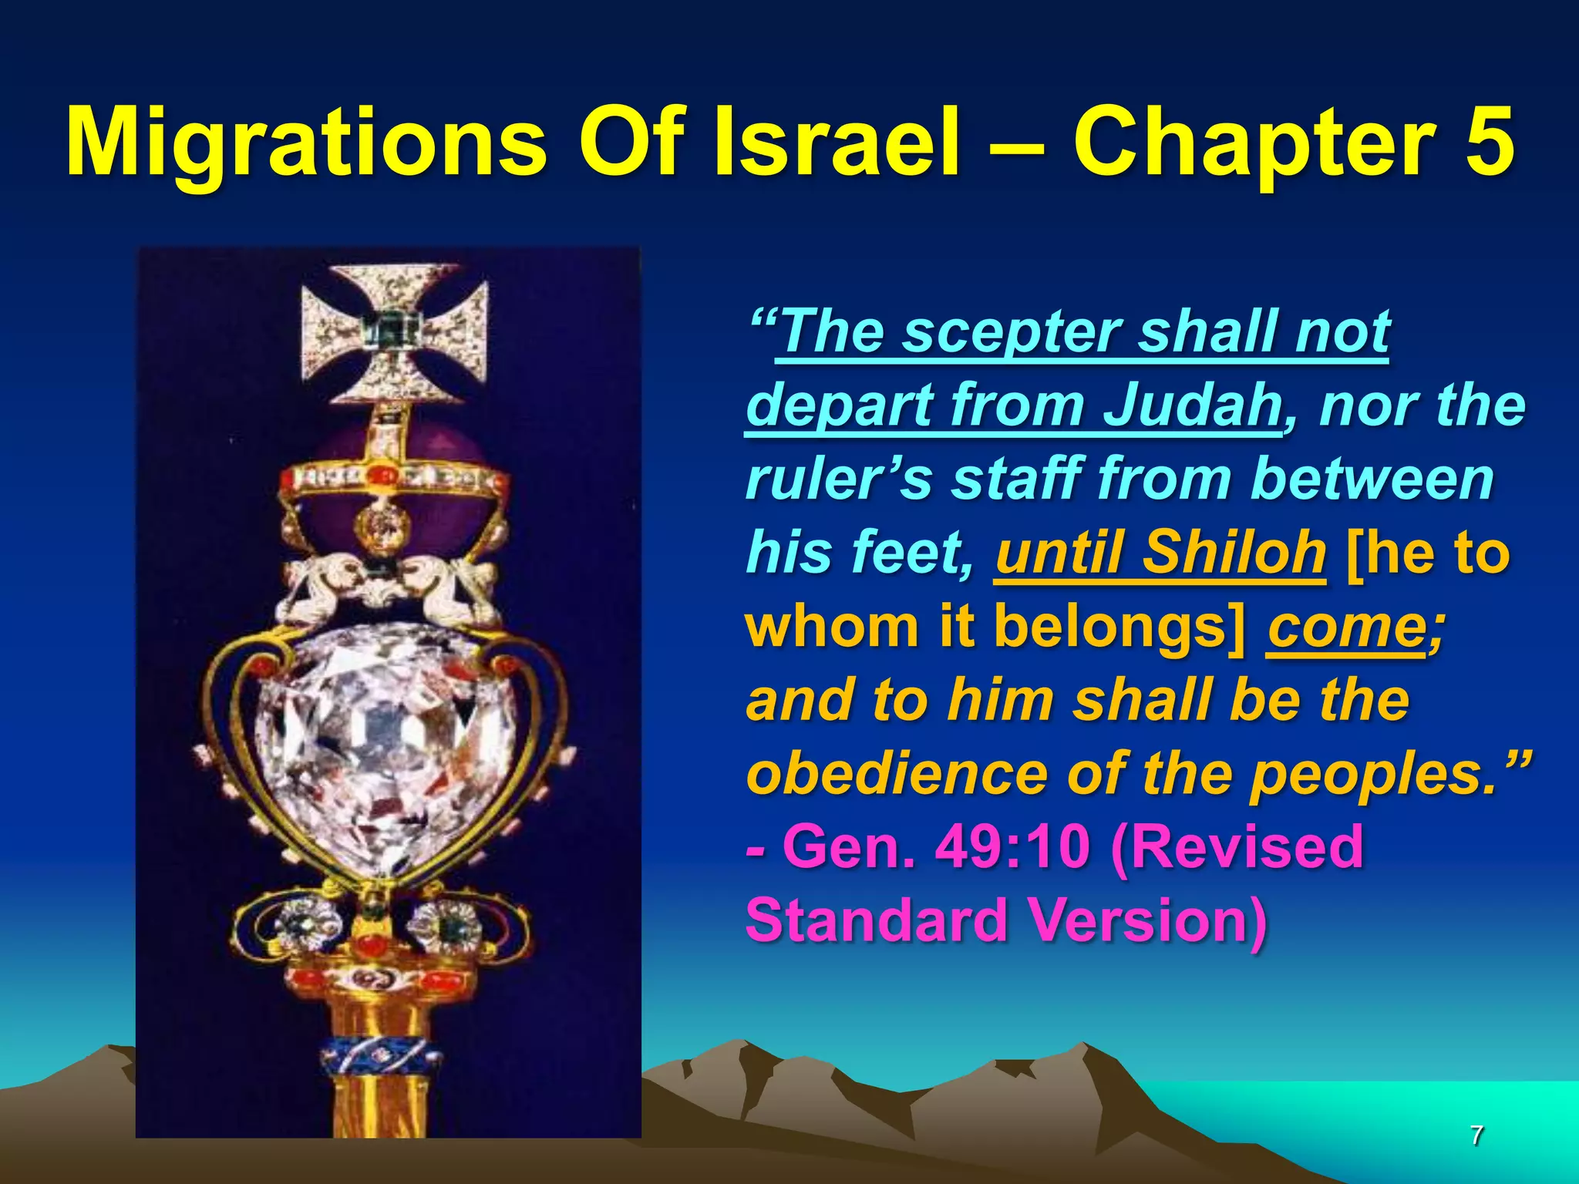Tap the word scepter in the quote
1013,331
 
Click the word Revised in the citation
1237,847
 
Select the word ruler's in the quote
840,479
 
